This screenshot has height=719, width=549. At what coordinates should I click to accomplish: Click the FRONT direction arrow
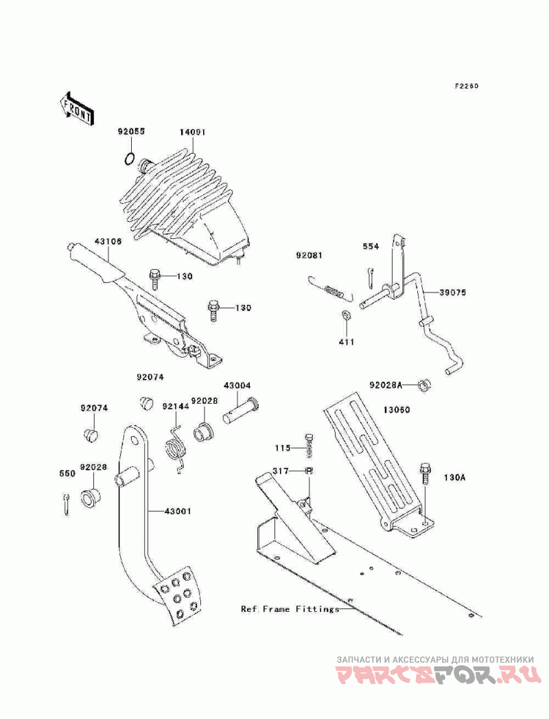tap(78, 109)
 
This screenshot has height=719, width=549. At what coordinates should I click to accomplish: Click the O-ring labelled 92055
tap(130, 159)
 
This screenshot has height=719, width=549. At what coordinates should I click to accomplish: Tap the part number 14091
tap(192, 132)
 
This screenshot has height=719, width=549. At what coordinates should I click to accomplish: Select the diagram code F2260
tap(467, 86)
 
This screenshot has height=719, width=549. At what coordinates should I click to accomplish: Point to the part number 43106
tap(108, 241)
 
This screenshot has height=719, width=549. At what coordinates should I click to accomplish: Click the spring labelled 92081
tap(330, 291)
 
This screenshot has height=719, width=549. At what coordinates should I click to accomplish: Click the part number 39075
tap(452, 292)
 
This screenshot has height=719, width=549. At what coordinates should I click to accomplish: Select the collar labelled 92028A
tap(425, 385)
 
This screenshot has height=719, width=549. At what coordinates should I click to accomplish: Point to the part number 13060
tap(397, 409)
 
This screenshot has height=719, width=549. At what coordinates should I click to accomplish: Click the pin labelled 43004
tap(242, 411)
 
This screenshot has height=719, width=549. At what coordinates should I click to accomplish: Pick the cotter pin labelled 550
tap(67, 505)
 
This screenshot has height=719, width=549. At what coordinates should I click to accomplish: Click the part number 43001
tap(178, 512)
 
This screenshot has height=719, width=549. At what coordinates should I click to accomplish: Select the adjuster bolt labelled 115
tap(309, 445)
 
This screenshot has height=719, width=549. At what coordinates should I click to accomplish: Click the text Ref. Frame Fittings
tap(290, 609)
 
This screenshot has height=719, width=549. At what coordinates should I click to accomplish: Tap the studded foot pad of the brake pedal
tap(177, 595)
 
